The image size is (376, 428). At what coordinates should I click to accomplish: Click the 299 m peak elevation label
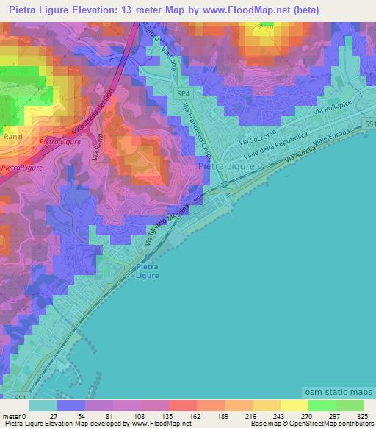pyautogui.click(x=262, y=26)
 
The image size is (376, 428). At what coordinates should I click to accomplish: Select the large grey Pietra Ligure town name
pyautogui.click(x=227, y=167)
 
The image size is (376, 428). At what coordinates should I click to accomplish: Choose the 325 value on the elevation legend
pyautogui.click(x=361, y=415)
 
